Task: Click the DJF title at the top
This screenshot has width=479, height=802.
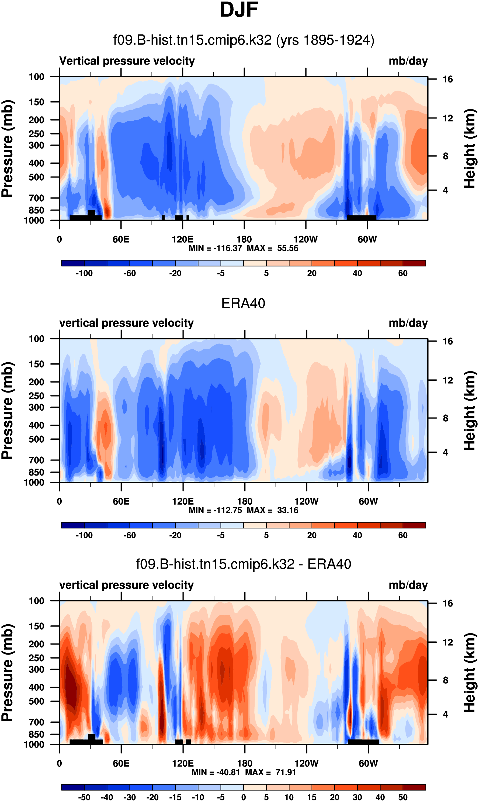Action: (x=239, y=10)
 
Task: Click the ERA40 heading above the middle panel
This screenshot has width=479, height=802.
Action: (x=243, y=303)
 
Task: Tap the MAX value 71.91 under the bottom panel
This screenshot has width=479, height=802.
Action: (x=286, y=772)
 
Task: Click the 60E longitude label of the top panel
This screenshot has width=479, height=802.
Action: (x=121, y=239)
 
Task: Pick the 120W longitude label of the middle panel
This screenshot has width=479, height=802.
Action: (x=306, y=501)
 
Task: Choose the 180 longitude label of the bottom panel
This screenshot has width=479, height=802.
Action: (x=245, y=763)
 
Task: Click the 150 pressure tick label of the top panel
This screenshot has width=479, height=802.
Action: (x=36, y=102)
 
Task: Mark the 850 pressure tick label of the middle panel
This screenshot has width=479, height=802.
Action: (x=36, y=472)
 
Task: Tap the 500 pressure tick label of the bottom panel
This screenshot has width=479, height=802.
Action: (x=36, y=692)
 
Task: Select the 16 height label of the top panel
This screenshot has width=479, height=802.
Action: (x=447, y=79)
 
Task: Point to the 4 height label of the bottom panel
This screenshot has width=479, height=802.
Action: (x=445, y=714)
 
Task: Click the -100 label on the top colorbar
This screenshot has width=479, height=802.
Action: (x=84, y=273)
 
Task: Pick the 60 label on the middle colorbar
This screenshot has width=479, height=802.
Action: (x=402, y=535)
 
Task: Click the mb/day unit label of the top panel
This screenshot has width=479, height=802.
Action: (x=408, y=61)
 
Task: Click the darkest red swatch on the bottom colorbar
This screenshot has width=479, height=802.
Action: (x=414, y=787)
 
